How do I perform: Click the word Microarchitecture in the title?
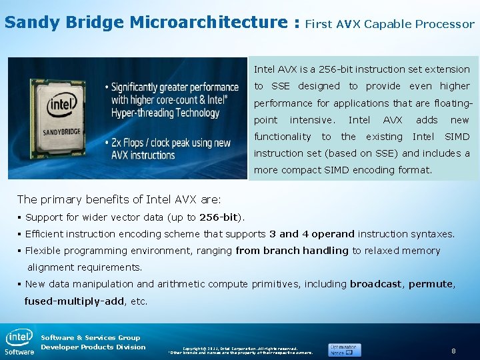pyautogui.click(x=207, y=22)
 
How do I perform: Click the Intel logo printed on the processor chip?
pyautogui.click(x=61, y=104)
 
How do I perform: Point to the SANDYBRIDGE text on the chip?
pyautogui.click(x=62, y=131)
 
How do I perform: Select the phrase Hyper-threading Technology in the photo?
pyautogui.click(x=165, y=113)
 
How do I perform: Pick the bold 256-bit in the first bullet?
pyautogui.click(x=219, y=217)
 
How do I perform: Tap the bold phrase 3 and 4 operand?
pyautogui.click(x=312, y=234)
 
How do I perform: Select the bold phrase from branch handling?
pyautogui.click(x=292, y=251)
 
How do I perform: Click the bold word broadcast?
pyautogui.click(x=376, y=284)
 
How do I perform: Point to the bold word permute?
pyautogui.click(x=431, y=284)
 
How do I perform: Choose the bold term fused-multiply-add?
pyautogui.click(x=74, y=301)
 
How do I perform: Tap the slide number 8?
pyautogui.click(x=453, y=351)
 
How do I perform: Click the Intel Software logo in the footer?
pyautogui.click(x=19, y=342)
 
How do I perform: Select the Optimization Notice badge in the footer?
pyautogui.click(x=344, y=349)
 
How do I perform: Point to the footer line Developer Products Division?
pyautogui.click(x=93, y=347)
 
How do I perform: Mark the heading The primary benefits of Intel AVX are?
pyautogui.click(x=119, y=199)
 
